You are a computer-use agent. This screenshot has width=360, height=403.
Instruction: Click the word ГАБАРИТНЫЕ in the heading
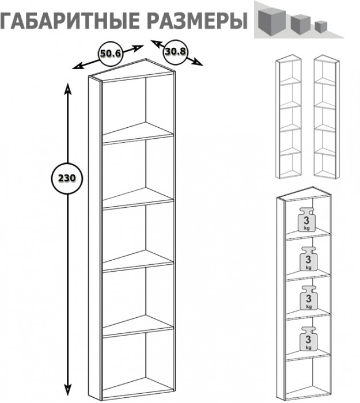click(70, 21)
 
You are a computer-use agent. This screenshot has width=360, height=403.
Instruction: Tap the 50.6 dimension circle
click(111, 54)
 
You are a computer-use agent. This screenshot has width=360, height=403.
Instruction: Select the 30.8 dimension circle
click(175, 52)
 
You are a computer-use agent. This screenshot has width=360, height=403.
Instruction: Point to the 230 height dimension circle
click(67, 178)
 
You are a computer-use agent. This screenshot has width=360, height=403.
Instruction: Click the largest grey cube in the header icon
click(272, 22)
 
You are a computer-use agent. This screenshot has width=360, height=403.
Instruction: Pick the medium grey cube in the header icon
click(300, 24)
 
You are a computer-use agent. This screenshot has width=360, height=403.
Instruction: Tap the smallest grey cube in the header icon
click(321, 26)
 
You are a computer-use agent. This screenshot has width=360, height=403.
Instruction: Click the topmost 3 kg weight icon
click(306, 219)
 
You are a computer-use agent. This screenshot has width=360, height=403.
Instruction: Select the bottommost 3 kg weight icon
click(308, 339)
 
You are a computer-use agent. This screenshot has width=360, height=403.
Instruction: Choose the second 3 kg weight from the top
click(308, 259)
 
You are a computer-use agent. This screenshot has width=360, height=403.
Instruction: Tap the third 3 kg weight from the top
click(309, 298)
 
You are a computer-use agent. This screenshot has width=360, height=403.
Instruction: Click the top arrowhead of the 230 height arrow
click(67, 89)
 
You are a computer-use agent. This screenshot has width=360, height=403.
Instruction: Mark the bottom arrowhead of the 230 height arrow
click(67, 390)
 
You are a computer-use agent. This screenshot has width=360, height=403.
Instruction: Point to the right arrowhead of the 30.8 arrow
click(197, 62)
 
